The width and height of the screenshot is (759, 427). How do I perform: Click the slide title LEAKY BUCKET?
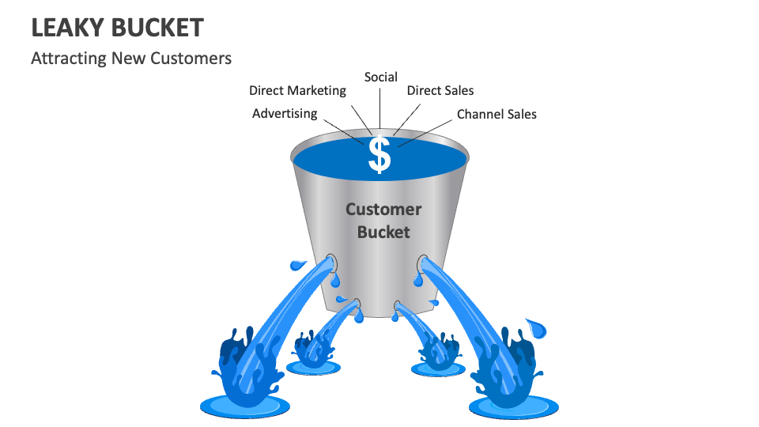coord(117,28)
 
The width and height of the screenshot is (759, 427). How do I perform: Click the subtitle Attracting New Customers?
coord(130,59)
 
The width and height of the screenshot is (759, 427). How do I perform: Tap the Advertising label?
coord(285,114)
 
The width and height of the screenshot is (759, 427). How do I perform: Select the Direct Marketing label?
coord(297,90)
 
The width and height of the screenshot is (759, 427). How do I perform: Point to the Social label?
coord(380,77)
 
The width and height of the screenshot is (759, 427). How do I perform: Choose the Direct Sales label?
coord(440,90)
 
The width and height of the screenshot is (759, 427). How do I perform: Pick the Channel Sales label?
coord(497,114)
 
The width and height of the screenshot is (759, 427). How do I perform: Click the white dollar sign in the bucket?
coord(380,155)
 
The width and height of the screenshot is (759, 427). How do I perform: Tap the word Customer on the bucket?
coord(383,210)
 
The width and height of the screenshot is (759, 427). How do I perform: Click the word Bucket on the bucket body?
coord(383,232)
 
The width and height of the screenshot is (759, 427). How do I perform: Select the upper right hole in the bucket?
coord(424,259)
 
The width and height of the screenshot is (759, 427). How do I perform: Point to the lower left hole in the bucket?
coord(357,302)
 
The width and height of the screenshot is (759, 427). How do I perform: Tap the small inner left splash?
coord(314,349)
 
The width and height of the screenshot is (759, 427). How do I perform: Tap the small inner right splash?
coord(436,351)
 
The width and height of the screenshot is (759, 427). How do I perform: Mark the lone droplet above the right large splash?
coord(537,325)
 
